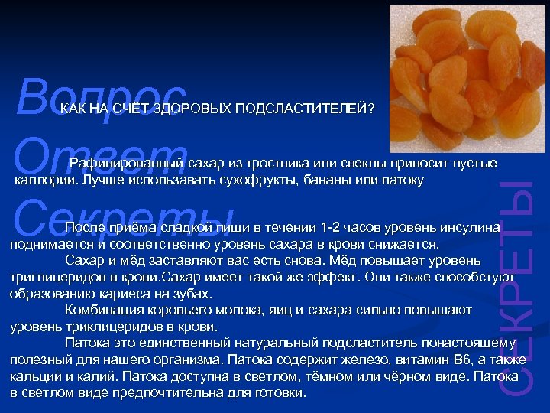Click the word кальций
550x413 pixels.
33,376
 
